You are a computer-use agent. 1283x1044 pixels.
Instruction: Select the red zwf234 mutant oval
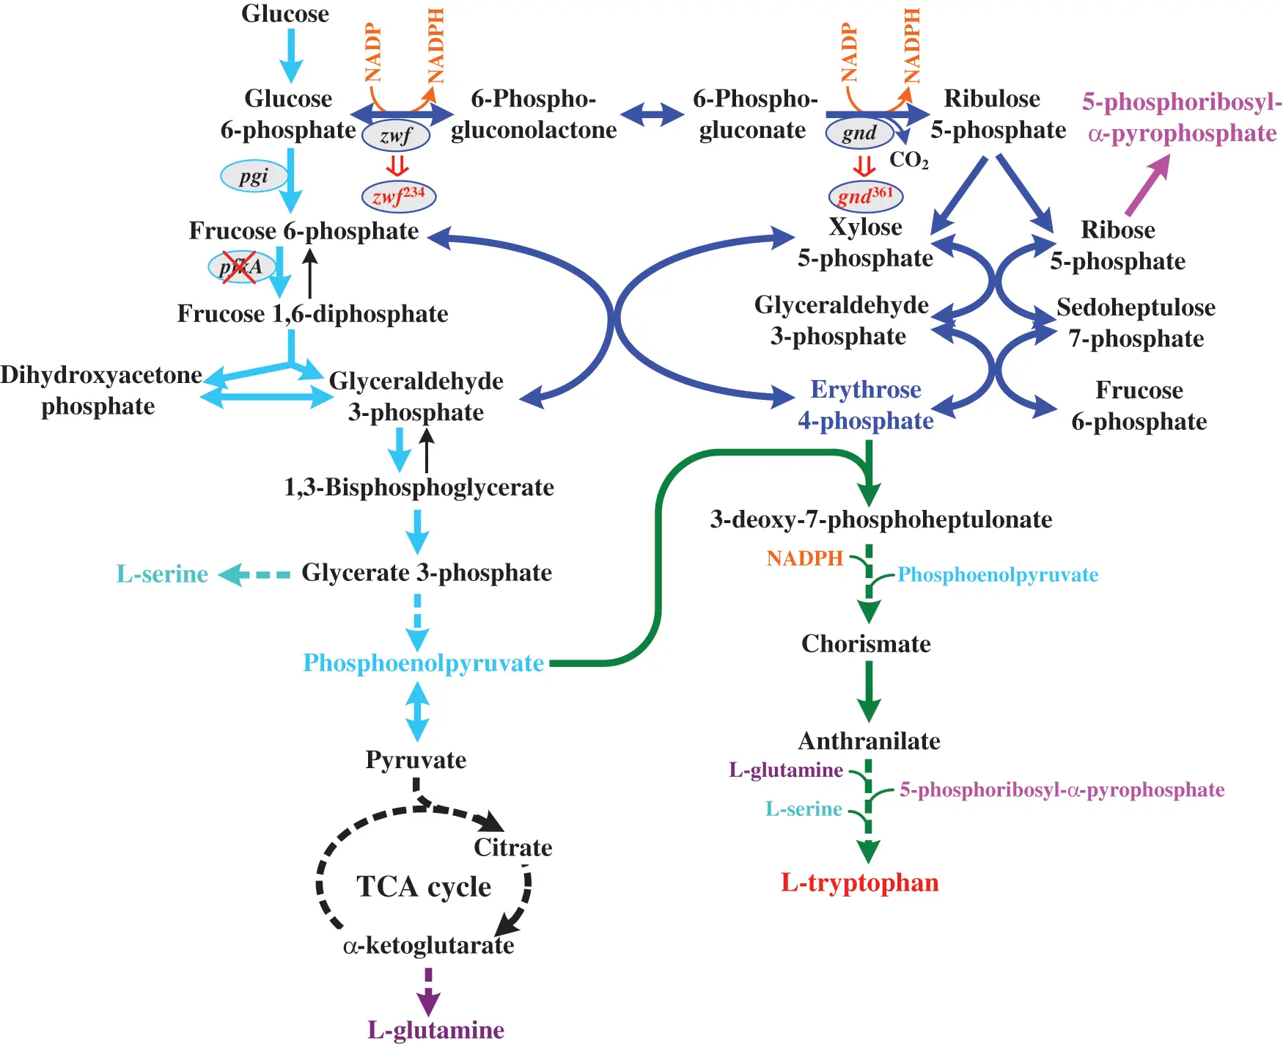(399, 197)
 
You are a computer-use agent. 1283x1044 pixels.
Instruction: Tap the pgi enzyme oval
(254, 176)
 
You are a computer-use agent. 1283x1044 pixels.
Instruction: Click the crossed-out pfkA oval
(240, 267)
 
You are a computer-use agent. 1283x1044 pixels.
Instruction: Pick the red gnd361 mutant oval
(865, 196)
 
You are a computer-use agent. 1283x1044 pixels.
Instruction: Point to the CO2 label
(908, 160)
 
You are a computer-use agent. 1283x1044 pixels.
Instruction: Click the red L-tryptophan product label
(859, 883)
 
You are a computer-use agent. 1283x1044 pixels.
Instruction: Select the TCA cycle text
(424, 887)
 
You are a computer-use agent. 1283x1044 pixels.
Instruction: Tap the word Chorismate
(866, 644)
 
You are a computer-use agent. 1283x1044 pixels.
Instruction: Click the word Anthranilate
(869, 741)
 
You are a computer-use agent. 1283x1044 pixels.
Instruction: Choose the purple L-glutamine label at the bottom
(435, 1030)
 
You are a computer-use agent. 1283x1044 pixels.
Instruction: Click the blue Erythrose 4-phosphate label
(865, 405)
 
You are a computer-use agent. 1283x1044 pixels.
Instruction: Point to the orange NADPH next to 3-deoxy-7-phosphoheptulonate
(805, 558)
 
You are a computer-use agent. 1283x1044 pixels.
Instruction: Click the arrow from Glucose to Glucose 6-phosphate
(291, 56)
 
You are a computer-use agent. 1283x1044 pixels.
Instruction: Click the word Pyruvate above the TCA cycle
(416, 760)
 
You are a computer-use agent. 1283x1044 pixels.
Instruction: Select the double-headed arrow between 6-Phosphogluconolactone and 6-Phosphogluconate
(652, 114)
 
